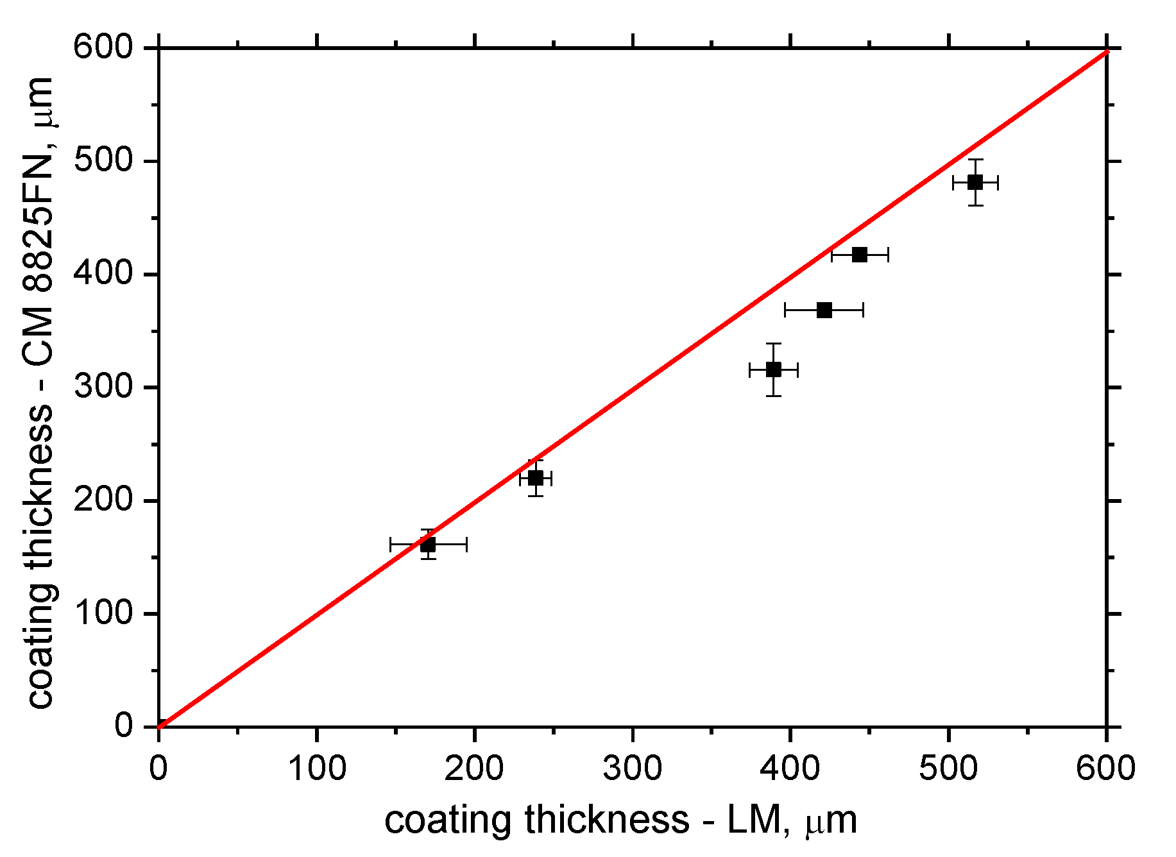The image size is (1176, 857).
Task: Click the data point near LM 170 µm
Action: pos(428,545)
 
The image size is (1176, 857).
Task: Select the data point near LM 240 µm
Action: pos(536,478)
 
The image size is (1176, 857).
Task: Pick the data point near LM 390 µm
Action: pos(774,369)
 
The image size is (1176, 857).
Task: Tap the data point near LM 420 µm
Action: pos(824,310)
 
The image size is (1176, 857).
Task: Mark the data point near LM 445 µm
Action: pos(860,255)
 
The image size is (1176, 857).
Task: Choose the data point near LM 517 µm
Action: pos(975,182)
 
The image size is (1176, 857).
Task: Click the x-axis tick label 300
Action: pos(633,768)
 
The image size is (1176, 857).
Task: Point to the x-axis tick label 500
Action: pos(948,768)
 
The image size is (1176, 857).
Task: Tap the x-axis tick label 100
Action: pos(317,768)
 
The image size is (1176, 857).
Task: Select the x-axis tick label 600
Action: pos(1105,768)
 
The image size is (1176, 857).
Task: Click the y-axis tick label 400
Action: pos(103,274)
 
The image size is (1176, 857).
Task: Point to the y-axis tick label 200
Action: pos(103,500)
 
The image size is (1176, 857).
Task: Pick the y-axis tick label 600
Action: pos(103,47)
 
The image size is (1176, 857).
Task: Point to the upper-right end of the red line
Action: pos(1106,51)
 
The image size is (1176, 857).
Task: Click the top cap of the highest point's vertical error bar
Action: pos(975,159)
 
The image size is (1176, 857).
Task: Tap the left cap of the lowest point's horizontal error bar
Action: pos(391,545)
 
